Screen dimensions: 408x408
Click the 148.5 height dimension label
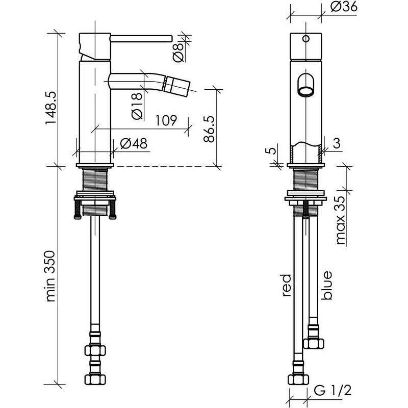[51, 108]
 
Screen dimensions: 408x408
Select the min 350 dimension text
[50, 276]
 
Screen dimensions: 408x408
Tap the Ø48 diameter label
[134, 143]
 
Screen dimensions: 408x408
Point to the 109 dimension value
[166, 120]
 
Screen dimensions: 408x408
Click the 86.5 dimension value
[209, 129]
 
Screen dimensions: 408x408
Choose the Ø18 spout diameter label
[137, 106]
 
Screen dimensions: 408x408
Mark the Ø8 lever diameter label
[178, 53]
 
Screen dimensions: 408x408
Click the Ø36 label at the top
[344, 7]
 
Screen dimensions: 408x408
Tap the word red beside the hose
[286, 285]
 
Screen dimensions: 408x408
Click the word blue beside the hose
[326, 286]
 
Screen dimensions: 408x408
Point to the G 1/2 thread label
[333, 390]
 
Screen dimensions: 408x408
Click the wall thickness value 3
[337, 143]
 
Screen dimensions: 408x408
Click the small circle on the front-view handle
[307, 39]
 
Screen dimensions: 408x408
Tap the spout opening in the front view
[305, 92]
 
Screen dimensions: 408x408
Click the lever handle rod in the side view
[141, 38]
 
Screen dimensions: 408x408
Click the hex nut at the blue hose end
[314, 343]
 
